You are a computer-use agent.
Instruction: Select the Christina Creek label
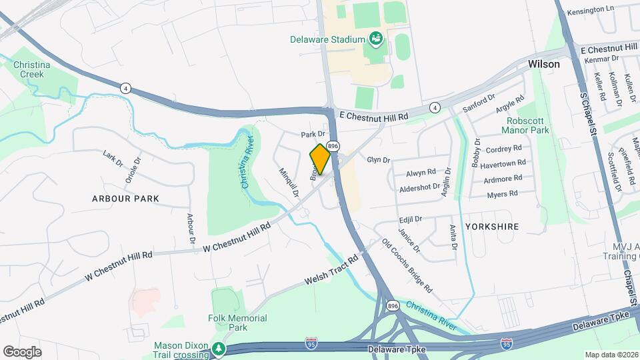pyautogui.click(x=28, y=69)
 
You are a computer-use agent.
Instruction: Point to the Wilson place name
pyautogui.click(x=543, y=65)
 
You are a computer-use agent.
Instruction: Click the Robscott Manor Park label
pyautogui.click(x=528, y=125)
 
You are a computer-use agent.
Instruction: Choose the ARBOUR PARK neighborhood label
pyautogui.click(x=126, y=199)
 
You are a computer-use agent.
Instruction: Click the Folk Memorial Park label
pyautogui.click(x=237, y=323)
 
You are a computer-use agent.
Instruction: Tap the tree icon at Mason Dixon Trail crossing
pyautogui.click(x=218, y=349)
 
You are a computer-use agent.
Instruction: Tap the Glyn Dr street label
pyautogui.click(x=378, y=160)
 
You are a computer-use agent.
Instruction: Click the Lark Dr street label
pyautogui.click(x=113, y=159)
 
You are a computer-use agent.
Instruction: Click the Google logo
pyautogui.click(x=23, y=352)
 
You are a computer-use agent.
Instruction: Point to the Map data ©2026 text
pyautogui.click(x=610, y=355)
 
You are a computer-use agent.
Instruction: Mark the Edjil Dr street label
pyautogui.click(x=410, y=219)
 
